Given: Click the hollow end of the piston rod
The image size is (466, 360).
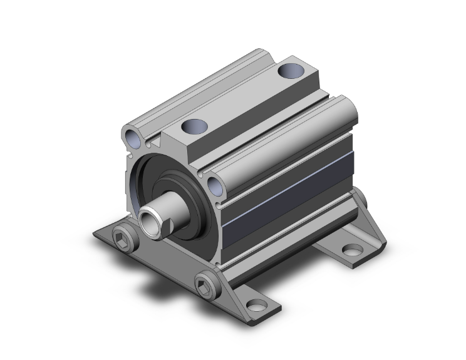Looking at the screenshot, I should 148,220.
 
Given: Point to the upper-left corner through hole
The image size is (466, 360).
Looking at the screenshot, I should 132,136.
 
